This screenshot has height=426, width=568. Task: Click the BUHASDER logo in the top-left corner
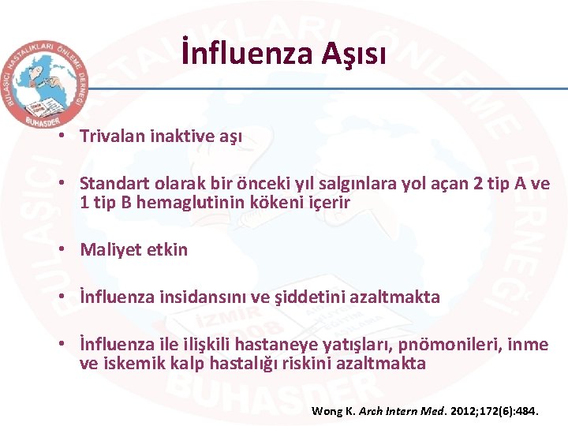[x=44, y=82]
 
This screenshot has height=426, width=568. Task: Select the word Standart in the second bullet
[x=112, y=184]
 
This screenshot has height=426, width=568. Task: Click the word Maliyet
[x=110, y=249]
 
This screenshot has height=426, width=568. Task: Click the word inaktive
[x=173, y=136]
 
